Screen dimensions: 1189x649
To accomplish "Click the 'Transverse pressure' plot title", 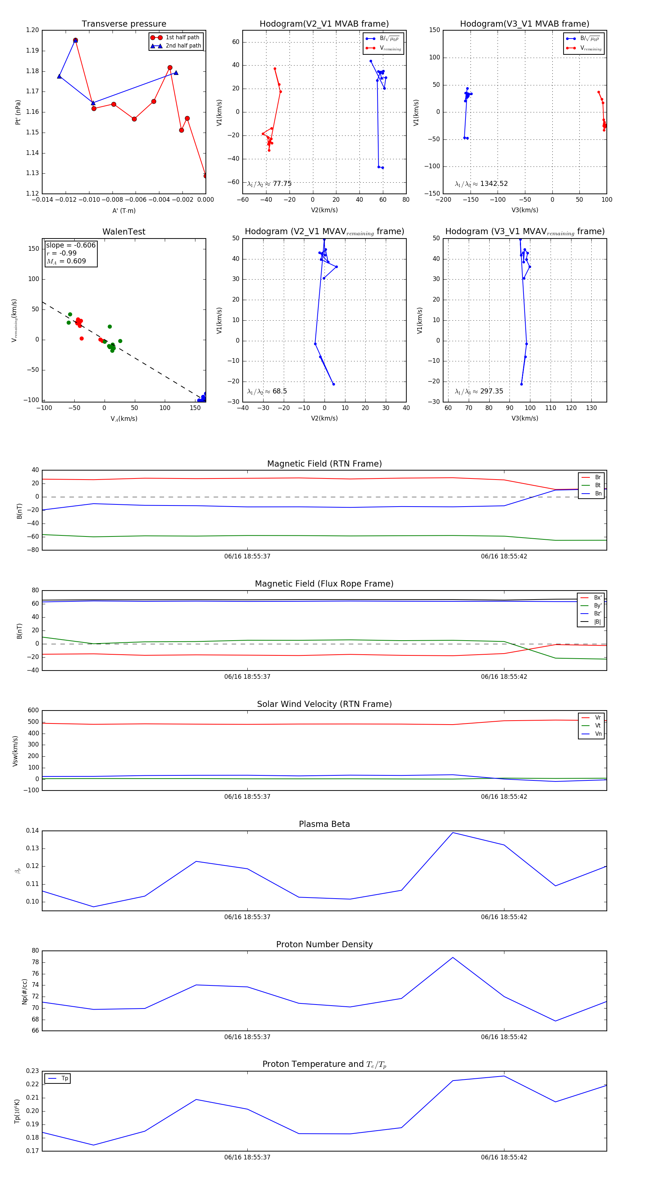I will (x=124, y=24).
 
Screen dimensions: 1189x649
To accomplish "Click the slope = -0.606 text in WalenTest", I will (x=71, y=245).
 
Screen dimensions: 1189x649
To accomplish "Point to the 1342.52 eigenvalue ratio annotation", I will (x=493, y=184).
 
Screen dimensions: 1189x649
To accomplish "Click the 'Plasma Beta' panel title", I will (x=324, y=824).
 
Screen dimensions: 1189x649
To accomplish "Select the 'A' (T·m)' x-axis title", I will (x=124, y=211).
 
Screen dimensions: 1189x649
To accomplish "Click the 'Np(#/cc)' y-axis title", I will (x=25, y=992).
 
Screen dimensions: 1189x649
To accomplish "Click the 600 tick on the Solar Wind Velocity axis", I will (x=33, y=711).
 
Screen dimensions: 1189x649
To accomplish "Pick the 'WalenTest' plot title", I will (x=124, y=232).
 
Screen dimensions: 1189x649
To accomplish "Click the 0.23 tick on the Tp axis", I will (x=32, y=1071).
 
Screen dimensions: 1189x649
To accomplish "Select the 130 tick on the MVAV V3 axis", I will (x=591, y=408).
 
